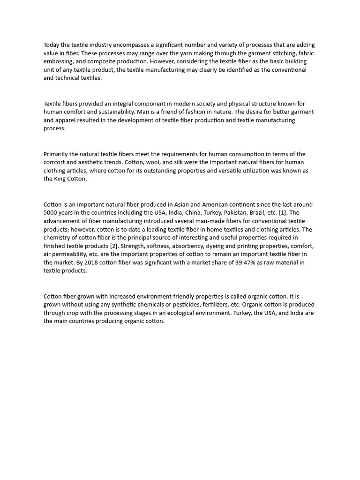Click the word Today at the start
click(x=52, y=45)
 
